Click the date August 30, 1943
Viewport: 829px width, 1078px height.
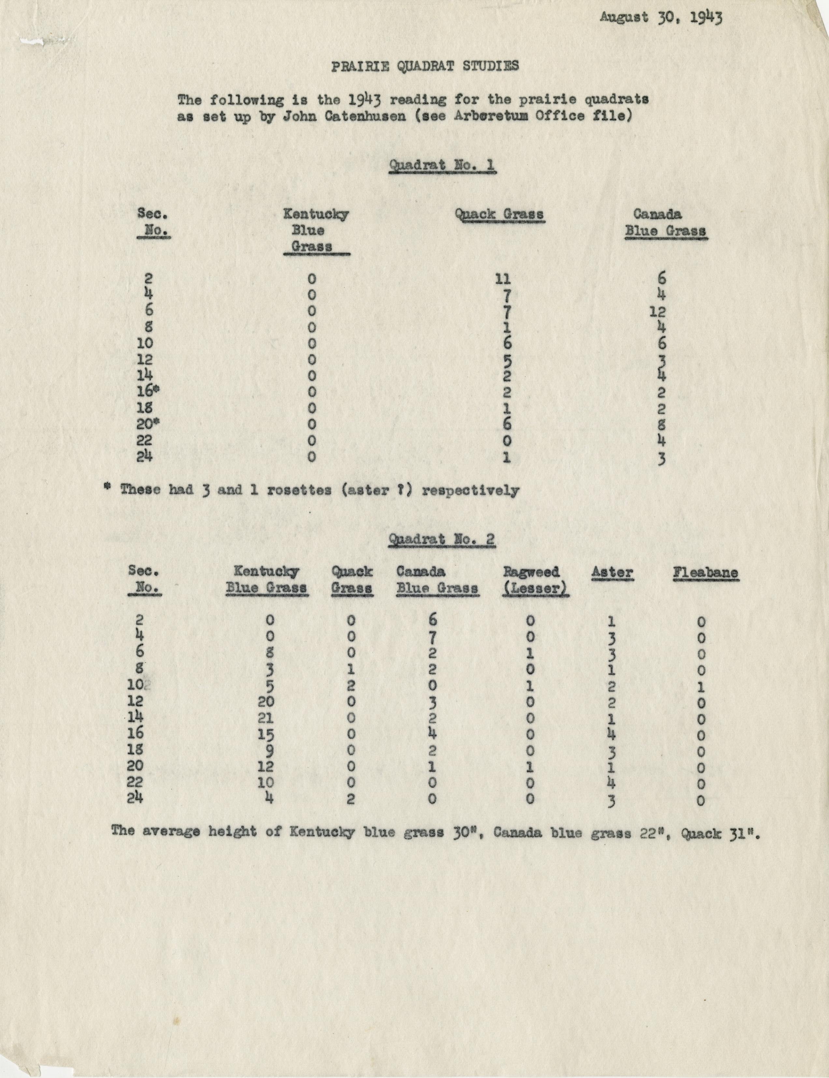[661, 18]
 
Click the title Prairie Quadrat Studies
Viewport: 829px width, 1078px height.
[425, 66]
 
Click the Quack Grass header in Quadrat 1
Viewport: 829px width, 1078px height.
[499, 215]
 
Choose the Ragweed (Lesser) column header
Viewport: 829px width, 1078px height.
[536, 580]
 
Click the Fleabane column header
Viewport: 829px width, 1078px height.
[706, 573]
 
